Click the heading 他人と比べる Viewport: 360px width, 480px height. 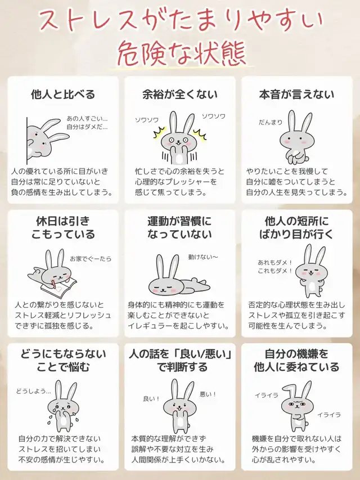pos(63,95)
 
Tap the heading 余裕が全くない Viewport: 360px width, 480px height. pos(180,95)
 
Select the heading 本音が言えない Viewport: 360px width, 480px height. pos(297,95)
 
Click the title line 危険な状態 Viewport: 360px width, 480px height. pos(182,53)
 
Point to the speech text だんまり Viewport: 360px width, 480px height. pos(271,122)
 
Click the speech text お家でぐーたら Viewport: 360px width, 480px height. pos(91,259)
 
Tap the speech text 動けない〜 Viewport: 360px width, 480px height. pos(203,257)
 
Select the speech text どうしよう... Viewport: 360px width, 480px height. pos(33,391)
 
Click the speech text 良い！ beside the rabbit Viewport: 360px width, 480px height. pos(151,398)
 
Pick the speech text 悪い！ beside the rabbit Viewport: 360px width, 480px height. pos(208,394)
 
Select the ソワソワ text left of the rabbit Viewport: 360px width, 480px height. pos(147,120)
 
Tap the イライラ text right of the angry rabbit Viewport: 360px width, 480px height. pos(329,415)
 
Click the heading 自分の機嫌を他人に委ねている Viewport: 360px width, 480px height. pos(296,360)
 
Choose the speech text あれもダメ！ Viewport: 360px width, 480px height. pos(275,262)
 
